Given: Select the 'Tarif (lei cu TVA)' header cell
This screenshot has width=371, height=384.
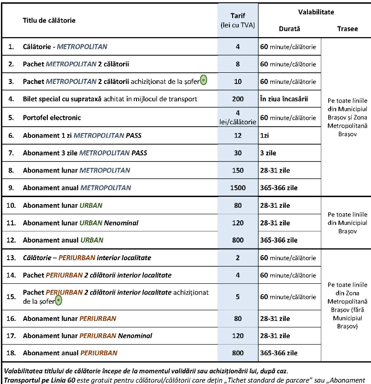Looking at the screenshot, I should coord(238,21).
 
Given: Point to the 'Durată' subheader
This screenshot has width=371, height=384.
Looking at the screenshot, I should coord(289,29).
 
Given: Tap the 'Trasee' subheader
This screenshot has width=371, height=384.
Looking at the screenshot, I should coord(347,29).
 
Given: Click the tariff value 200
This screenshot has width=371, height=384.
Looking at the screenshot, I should coord(238,99).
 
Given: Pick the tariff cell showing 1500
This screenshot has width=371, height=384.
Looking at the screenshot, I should coord(238,188).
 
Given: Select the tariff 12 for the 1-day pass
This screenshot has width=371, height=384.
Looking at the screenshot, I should coord(238,135).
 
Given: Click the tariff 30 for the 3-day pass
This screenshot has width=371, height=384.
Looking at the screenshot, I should coord(238,153).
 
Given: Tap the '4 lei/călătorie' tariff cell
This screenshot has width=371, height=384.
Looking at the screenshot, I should coord(238,117).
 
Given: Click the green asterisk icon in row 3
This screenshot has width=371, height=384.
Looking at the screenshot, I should coord(203,80).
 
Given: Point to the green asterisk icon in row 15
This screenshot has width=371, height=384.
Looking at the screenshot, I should coord(58,301).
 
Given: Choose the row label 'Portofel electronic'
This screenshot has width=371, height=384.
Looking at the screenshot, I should coord(52,117).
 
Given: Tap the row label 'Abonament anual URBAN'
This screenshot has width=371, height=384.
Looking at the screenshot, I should coord(63,240).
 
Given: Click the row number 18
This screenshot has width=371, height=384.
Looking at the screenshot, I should coord(12,353).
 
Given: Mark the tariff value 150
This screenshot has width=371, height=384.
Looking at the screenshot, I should coord(238,170).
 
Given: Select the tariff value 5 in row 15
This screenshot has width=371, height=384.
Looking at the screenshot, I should coord(238,297).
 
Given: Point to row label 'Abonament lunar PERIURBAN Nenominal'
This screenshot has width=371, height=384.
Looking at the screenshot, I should coord(87,335).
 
